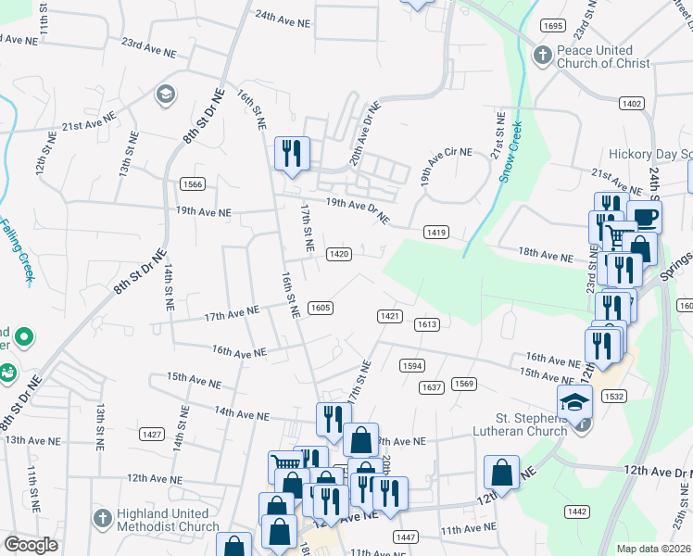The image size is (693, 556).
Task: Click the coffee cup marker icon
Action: (645, 218)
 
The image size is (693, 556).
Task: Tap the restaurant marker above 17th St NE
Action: (293, 153)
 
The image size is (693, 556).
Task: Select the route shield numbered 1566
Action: (193, 183)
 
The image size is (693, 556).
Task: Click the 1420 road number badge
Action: (339, 254)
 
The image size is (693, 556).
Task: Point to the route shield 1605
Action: (321, 308)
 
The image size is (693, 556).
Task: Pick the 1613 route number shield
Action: (426, 324)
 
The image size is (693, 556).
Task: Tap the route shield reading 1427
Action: (152, 434)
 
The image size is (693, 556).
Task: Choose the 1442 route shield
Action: (576, 512)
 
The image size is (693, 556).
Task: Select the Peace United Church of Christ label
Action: (595, 57)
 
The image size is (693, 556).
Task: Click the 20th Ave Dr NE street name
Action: (365, 133)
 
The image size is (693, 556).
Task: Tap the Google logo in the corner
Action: (31, 545)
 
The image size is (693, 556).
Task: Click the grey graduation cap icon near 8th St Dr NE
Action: (165, 94)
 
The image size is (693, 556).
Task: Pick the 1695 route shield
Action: (554, 26)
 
